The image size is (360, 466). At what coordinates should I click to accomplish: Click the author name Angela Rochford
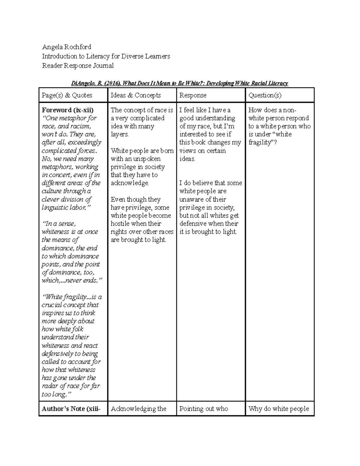point(66,47)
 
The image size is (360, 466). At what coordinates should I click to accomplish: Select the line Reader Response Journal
point(78,65)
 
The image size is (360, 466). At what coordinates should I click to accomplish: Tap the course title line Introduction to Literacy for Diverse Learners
point(106,56)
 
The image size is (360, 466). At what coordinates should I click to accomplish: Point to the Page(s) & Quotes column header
point(67,95)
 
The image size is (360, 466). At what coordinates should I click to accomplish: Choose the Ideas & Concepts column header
point(136,95)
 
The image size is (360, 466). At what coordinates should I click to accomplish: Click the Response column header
point(193,95)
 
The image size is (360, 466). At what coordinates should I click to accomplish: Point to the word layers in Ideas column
point(119,134)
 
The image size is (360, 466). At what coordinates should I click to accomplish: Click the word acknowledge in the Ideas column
point(129,183)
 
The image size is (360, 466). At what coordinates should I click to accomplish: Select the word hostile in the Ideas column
point(120,224)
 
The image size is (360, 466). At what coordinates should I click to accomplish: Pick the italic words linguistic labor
point(64,207)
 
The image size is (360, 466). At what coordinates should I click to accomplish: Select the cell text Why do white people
point(278,409)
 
